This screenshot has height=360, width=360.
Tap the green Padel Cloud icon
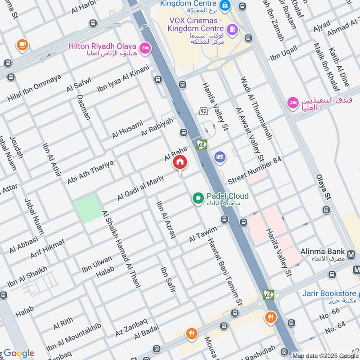[197, 197]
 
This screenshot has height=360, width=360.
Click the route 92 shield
[203, 110]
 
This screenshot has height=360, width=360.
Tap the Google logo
[18, 353]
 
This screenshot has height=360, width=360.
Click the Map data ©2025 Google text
[325, 355]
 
